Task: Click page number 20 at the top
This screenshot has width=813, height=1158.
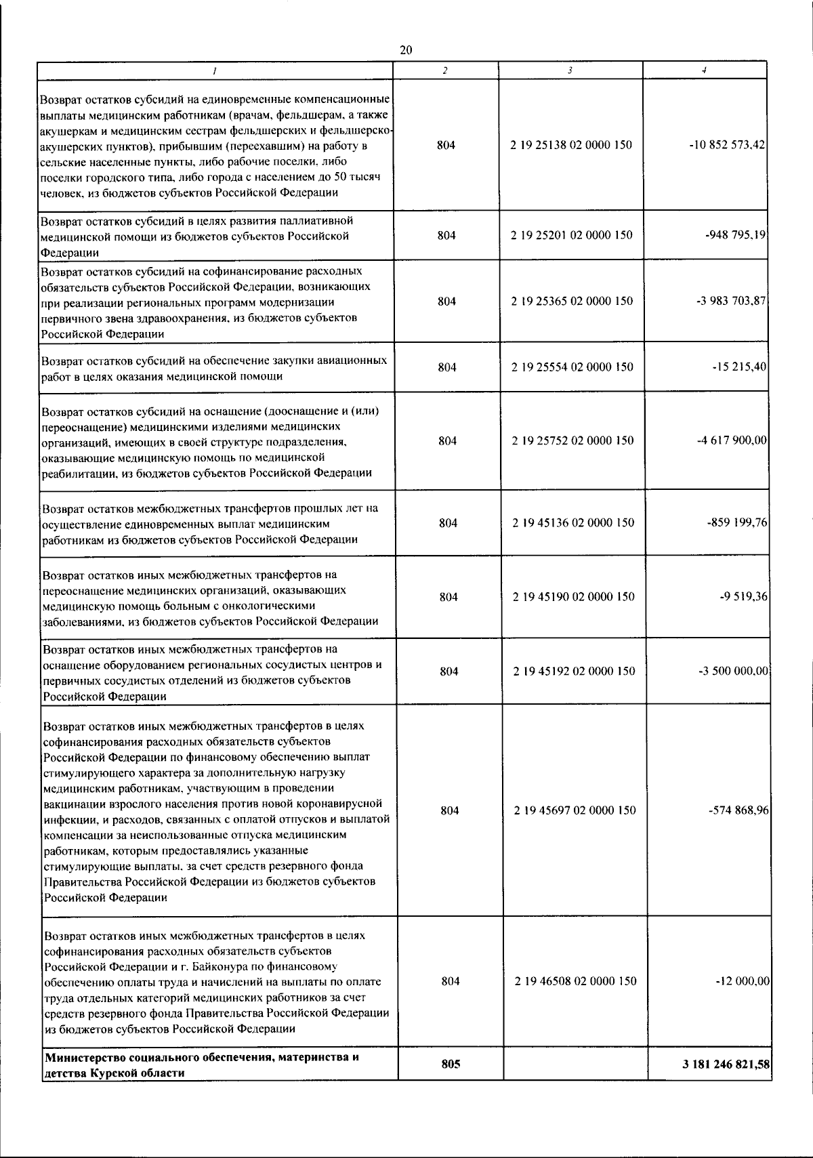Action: coord(406,50)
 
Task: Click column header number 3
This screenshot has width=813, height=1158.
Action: coord(570,70)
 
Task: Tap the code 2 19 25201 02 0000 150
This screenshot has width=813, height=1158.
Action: coord(572,235)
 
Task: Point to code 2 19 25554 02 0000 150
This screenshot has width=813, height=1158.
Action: coord(572,367)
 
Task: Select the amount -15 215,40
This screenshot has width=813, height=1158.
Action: coord(740,367)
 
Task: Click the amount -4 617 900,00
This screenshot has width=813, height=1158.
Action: coord(732,440)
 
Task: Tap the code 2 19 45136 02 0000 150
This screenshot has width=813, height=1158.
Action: coord(573,523)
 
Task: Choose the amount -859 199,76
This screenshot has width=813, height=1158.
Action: coord(736,523)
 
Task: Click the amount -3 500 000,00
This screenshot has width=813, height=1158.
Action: coord(733,671)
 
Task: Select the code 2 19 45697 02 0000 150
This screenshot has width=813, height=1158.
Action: coord(575,810)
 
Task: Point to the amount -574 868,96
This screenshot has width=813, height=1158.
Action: coord(738,810)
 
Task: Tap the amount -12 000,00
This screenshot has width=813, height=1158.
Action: coord(743,982)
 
